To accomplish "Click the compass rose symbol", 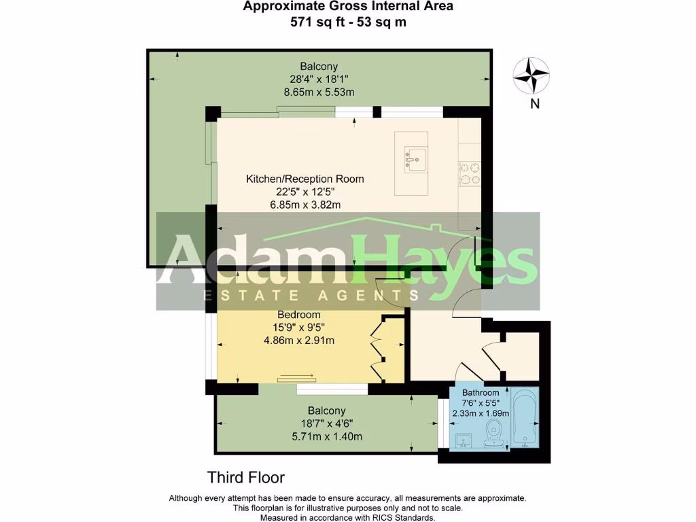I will tap(531, 75).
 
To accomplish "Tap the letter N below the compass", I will tap(535, 104).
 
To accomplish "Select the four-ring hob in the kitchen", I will tap(470, 173).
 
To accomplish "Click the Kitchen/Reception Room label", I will tap(304, 179).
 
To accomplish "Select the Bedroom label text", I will tap(298, 315).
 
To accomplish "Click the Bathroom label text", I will tap(481, 393).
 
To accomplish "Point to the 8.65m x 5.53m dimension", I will tap(319, 92).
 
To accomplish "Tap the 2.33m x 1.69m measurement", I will tap(481, 413).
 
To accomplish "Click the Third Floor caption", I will tap(245, 477).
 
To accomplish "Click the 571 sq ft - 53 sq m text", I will tap(348, 21).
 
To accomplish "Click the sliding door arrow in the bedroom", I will tap(296, 375).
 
